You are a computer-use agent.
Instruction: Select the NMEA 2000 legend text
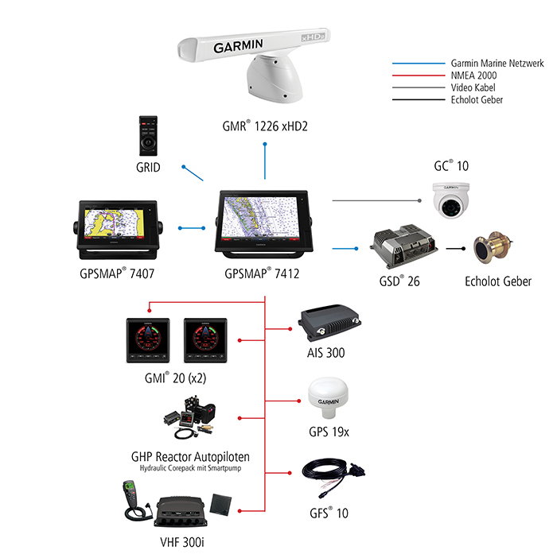coord(473,76)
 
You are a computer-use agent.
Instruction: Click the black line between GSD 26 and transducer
coord(455,249)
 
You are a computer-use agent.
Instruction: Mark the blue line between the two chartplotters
coord(192,228)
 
